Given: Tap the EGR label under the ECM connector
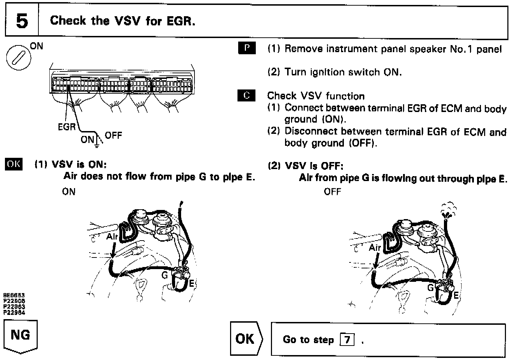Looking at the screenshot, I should click(67, 127).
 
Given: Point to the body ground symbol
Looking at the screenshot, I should click(96, 144).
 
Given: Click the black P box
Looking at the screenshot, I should click(247, 48).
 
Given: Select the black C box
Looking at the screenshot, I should click(247, 95).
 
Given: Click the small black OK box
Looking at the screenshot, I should click(13, 165).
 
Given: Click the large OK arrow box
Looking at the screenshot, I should click(246, 339).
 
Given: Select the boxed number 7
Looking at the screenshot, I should click(347, 340).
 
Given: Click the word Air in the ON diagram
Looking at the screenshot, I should click(112, 236).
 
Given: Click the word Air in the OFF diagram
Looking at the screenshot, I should click(375, 248).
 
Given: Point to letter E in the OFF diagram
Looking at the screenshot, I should click(456, 295).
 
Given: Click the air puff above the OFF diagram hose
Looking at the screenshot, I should click(447, 210).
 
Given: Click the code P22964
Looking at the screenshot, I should click(14, 312).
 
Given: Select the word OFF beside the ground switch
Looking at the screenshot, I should click(113, 136).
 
